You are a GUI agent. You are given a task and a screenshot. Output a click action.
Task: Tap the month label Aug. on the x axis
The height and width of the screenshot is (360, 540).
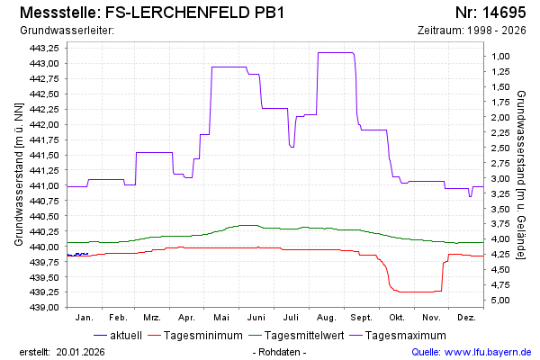(327, 318)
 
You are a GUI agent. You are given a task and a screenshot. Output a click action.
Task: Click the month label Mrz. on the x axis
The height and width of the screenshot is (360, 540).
(152, 318)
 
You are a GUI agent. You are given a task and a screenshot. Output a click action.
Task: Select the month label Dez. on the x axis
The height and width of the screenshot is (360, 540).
(466, 318)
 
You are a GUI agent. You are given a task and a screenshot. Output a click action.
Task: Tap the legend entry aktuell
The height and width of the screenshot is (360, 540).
(125, 336)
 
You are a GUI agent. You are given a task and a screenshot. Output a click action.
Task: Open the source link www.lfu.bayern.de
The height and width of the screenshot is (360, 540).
(489, 352)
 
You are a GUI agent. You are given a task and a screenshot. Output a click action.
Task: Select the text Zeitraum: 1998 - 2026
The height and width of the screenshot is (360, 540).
(472, 30)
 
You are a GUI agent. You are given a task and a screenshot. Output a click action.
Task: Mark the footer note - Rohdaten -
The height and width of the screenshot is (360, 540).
(280, 352)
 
